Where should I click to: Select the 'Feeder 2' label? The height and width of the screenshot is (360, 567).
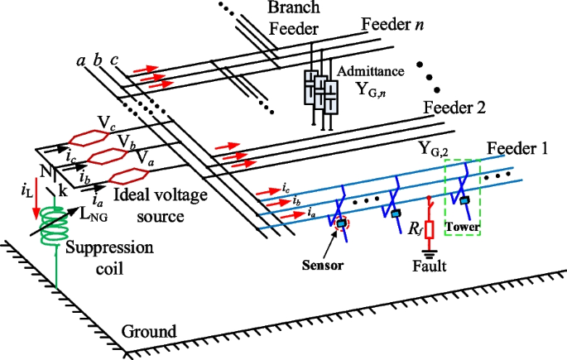454,108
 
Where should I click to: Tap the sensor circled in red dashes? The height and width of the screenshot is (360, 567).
340,222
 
